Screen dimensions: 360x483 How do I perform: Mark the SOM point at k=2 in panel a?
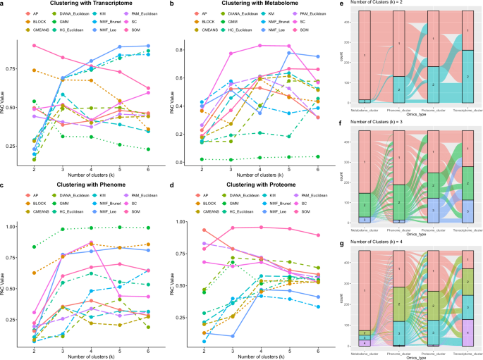coord(34,46)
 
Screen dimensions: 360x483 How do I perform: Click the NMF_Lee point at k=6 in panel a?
coord(147,46)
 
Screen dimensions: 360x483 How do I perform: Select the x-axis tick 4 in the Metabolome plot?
coord(261,170)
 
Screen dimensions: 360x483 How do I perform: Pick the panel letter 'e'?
coord(341,4)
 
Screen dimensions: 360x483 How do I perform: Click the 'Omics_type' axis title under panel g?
coord(412,357)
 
